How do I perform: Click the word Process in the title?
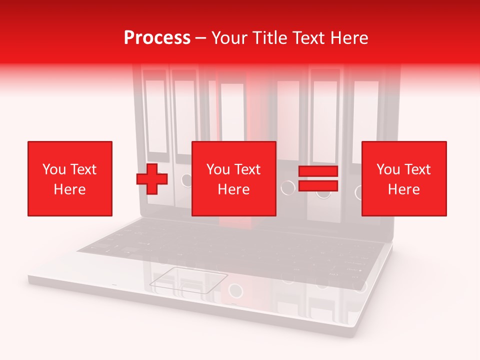[x=157, y=38]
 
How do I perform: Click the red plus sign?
[x=152, y=178]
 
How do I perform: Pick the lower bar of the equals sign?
[x=318, y=185]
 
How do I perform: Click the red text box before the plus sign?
[x=70, y=178]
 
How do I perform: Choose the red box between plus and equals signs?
[x=233, y=178]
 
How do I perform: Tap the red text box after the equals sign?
[x=403, y=178]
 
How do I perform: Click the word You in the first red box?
[x=53, y=169]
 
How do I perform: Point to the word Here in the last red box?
[x=403, y=189]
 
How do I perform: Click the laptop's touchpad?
[x=188, y=279]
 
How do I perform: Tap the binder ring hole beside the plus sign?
[x=186, y=180]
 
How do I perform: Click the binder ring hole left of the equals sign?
[x=287, y=187]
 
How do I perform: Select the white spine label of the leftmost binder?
[x=155, y=115]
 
